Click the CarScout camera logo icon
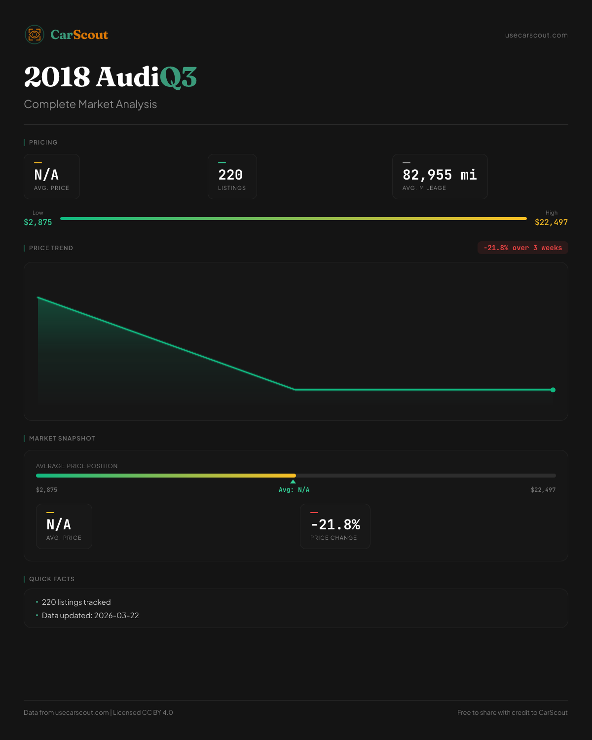coord(35,35)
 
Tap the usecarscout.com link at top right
coord(536,35)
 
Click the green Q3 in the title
coord(178,77)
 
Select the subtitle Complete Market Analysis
coord(90,104)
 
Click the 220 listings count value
coord(230,175)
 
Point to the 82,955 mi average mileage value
coord(440,175)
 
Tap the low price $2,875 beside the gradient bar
coord(38,222)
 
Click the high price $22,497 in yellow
coord(551,222)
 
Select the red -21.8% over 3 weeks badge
coord(522,248)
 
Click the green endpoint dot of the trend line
coord(553,390)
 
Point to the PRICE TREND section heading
coord(51,248)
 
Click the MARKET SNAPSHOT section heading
coord(62,439)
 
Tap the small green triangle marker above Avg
coord(293,481)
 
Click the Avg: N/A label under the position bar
coord(294,490)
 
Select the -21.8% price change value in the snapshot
coord(335,524)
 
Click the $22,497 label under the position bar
coord(543,490)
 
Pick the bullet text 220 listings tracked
coord(76,602)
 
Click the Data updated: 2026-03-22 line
coord(90,616)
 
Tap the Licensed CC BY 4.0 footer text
coord(143,712)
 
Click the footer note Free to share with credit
coord(512,712)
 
